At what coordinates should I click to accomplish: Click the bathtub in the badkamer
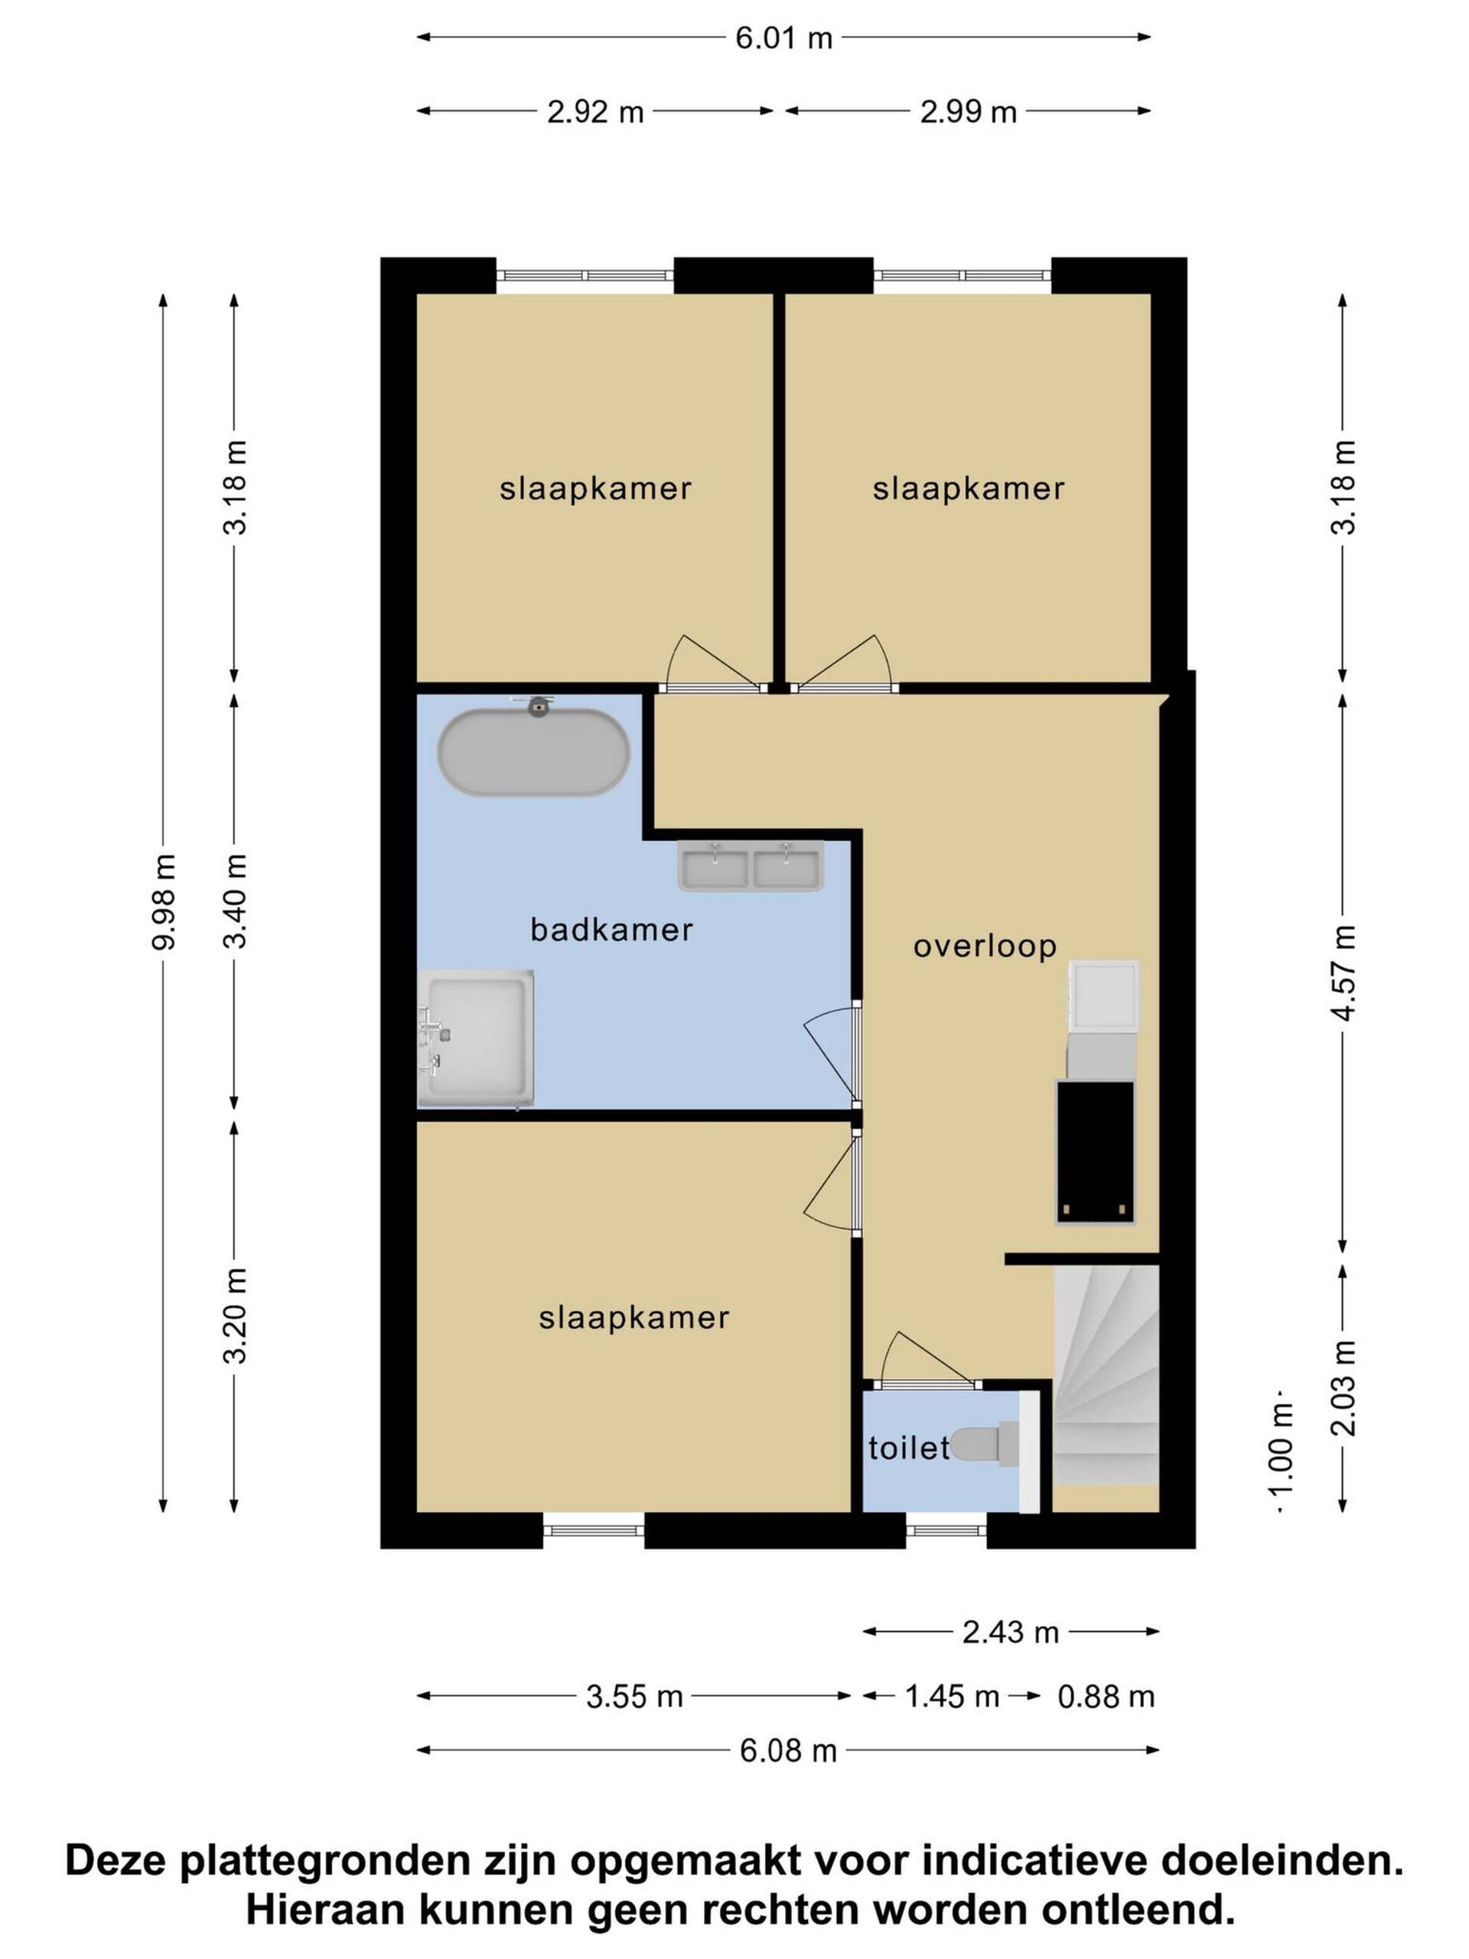click(533, 749)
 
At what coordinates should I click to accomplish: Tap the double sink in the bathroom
click(750, 866)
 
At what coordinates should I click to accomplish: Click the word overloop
click(985, 947)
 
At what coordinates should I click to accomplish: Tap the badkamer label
click(611, 929)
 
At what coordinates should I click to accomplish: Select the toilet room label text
click(907, 1447)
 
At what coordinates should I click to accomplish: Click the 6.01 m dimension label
click(783, 38)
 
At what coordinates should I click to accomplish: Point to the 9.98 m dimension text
click(164, 902)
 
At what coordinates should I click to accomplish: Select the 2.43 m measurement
click(1011, 1631)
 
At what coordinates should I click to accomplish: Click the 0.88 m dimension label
click(1106, 1696)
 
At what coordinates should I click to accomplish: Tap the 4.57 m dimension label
click(1344, 973)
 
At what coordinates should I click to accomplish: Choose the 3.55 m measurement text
click(634, 1696)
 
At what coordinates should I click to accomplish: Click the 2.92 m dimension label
click(595, 112)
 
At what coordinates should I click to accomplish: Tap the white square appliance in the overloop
click(1103, 996)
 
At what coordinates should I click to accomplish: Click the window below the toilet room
click(946, 1530)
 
